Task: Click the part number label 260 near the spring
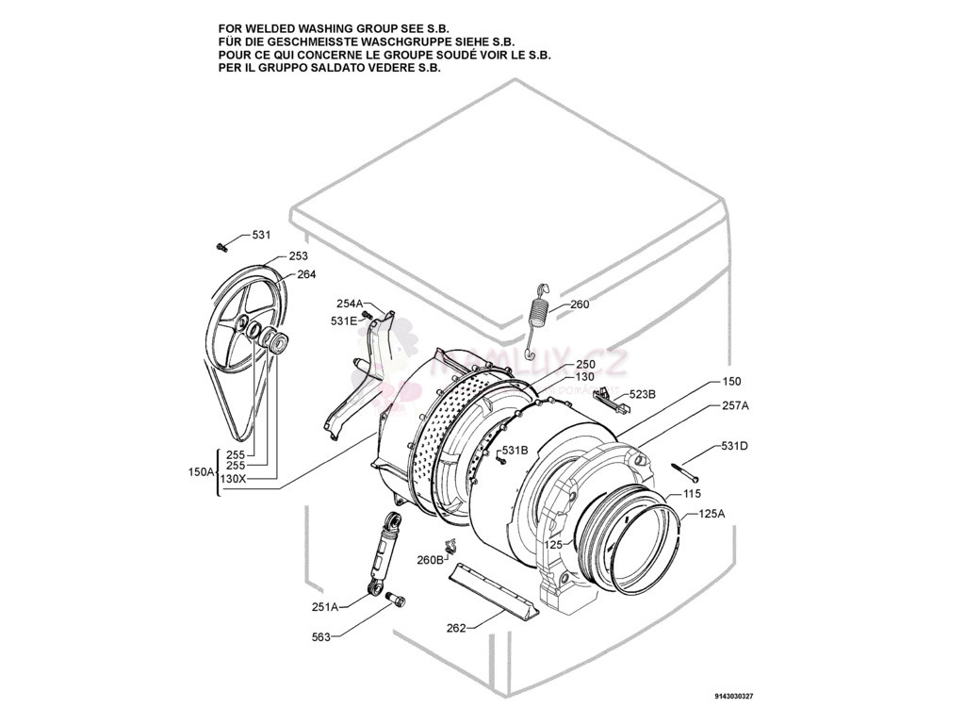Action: click(580, 304)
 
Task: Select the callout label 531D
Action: click(734, 446)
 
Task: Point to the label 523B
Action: click(643, 394)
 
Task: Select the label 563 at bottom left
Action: click(321, 637)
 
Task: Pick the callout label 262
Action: click(456, 628)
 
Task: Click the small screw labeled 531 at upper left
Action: click(221, 247)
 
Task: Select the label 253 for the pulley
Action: click(298, 255)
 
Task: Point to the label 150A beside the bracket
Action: click(202, 471)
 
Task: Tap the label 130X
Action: click(233, 479)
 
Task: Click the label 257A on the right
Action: click(735, 405)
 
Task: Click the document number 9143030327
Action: click(734, 697)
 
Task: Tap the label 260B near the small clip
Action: click(430, 560)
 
